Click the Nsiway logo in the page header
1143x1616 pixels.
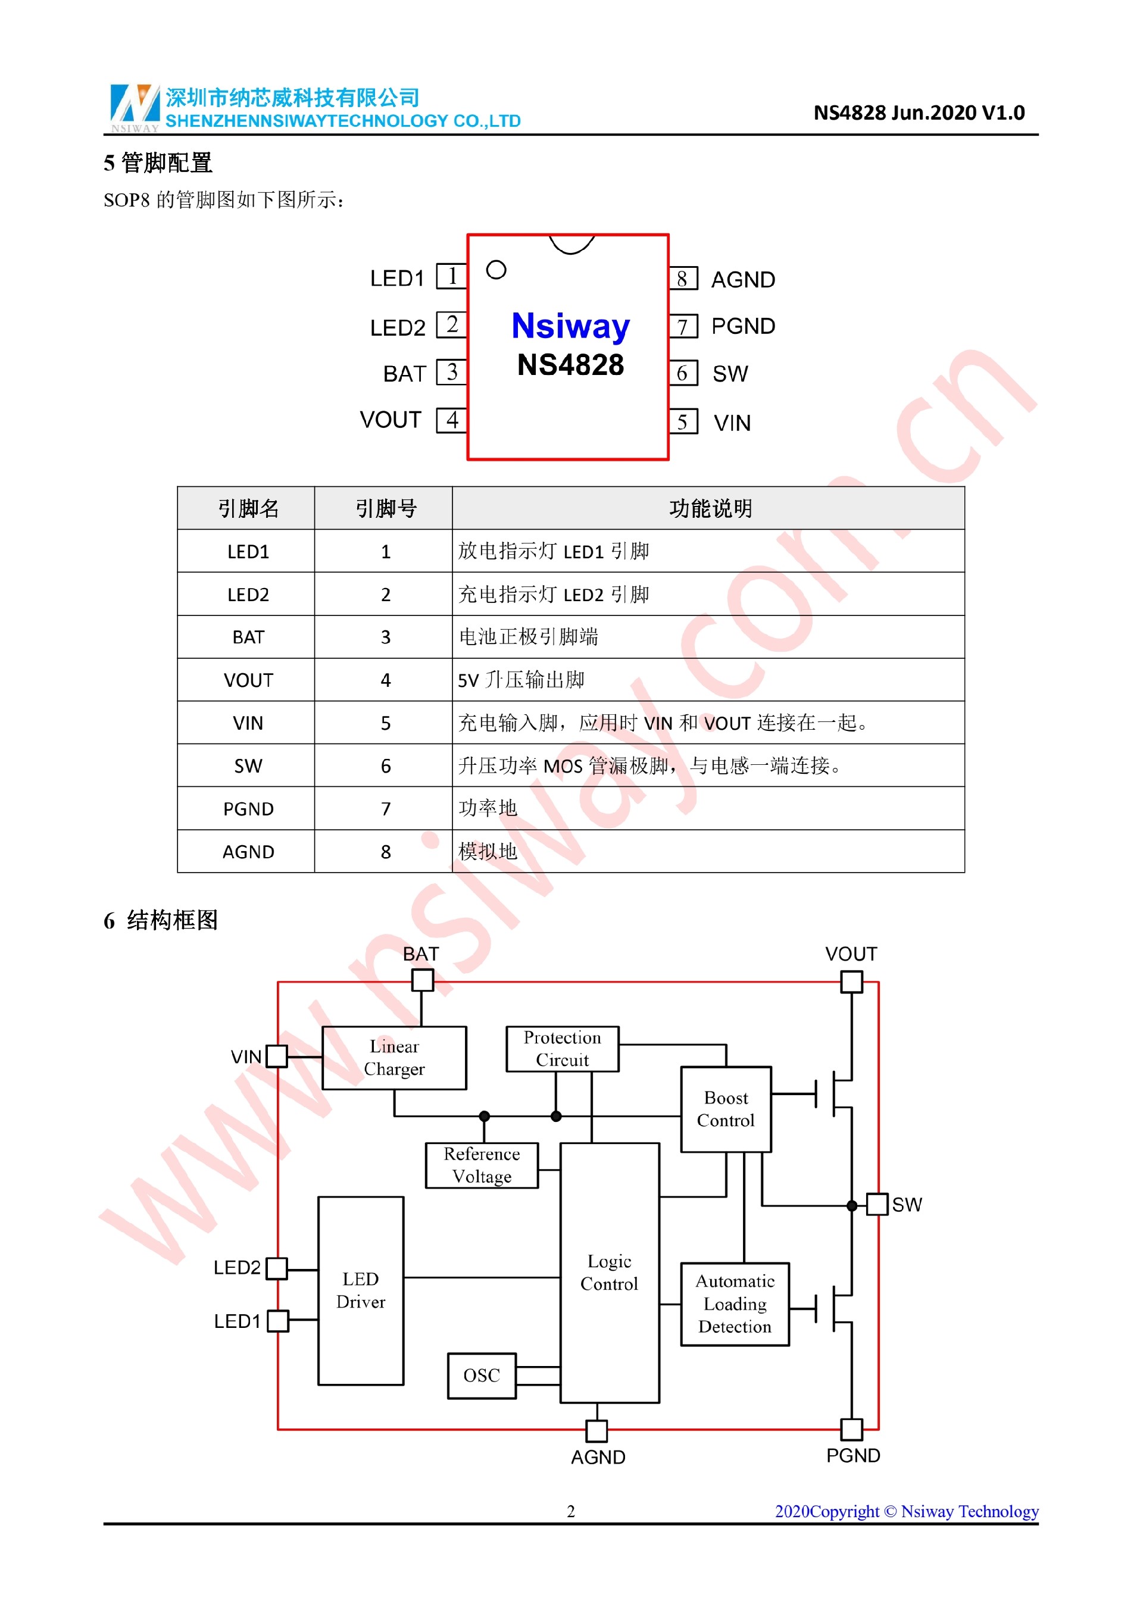click(x=135, y=107)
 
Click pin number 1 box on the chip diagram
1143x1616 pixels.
click(x=451, y=276)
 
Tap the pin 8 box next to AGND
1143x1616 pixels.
click(x=682, y=279)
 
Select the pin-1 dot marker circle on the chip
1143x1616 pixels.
click(x=496, y=270)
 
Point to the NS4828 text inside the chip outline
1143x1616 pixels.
click(x=570, y=365)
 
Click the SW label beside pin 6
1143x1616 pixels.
click(x=730, y=374)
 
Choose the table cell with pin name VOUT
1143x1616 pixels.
click(x=248, y=680)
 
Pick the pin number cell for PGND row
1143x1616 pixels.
click(x=385, y=809)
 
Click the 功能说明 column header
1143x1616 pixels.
click(x=710, y=508)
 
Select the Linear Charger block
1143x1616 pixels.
click(x=394, y=1057)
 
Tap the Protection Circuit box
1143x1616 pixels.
click(x=563, y=1049)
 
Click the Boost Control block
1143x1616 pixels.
click(x=726, y=1109)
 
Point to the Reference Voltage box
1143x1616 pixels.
click(x=482, y=1165)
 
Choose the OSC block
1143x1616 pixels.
click(x=482, y=1376)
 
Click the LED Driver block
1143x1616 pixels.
click(x=361, y=1290)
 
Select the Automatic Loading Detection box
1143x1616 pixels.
click(x=735, y=1304)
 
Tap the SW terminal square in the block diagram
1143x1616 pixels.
click(x=877, y=1204)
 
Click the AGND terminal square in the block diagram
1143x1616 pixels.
click(x=597, y=1430)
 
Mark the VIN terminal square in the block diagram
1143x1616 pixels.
click(x=277, y=1056)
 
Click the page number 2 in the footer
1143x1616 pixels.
click(x=571, y=1511)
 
